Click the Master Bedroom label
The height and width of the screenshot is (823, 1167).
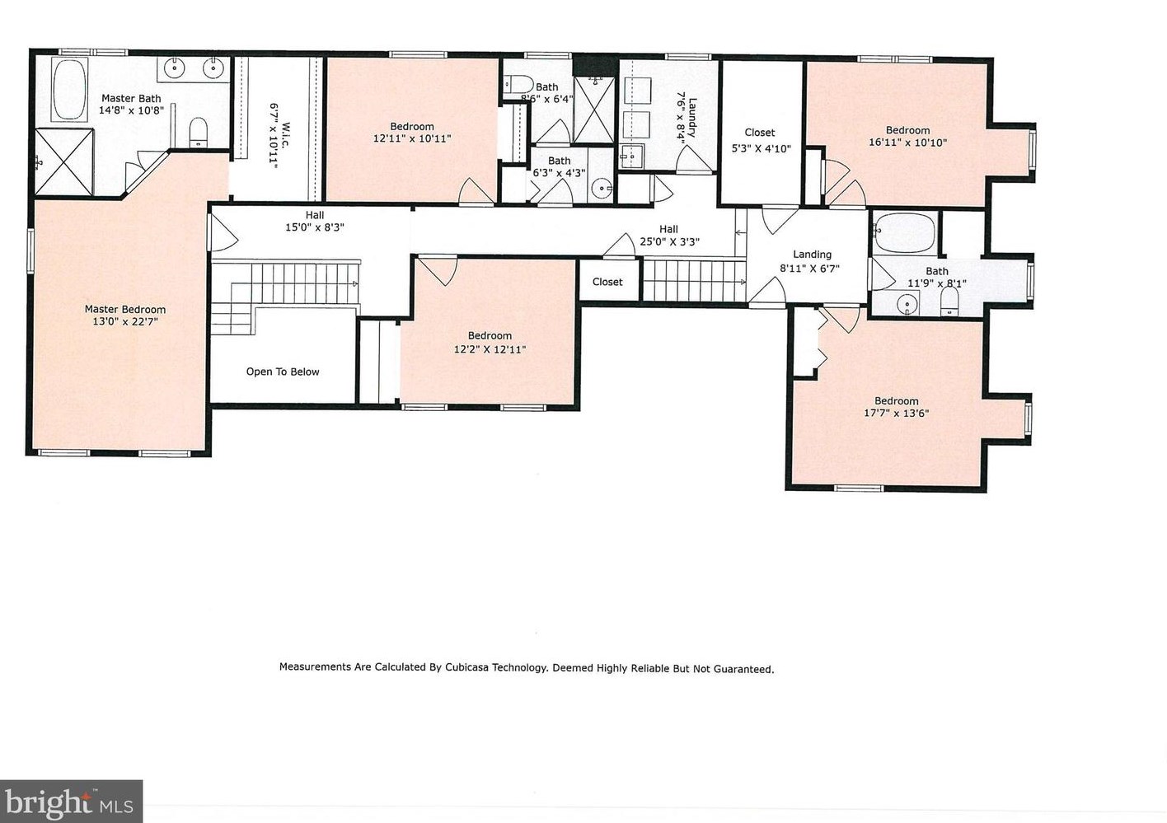[x=125, y=310]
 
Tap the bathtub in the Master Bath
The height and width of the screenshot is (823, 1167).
[x=68, y=90]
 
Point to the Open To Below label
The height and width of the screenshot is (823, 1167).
[x=283, y=372]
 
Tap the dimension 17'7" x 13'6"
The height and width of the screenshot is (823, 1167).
[x=896, y=414]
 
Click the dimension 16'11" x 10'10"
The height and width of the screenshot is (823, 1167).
[x=907, y=143]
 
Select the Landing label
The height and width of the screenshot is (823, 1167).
[x=813, y=255]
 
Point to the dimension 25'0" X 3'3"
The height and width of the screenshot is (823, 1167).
[x=669, y=241]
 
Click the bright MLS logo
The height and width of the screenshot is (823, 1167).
[x=72, y=801]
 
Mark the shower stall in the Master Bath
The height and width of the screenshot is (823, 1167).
[x=63, y=162]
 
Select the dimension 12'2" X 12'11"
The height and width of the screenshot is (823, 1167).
[x=490, y=349]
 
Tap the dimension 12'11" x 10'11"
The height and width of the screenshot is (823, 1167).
[x=412, y=138]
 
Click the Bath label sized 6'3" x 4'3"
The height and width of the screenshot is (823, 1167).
[x=559, y=161]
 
